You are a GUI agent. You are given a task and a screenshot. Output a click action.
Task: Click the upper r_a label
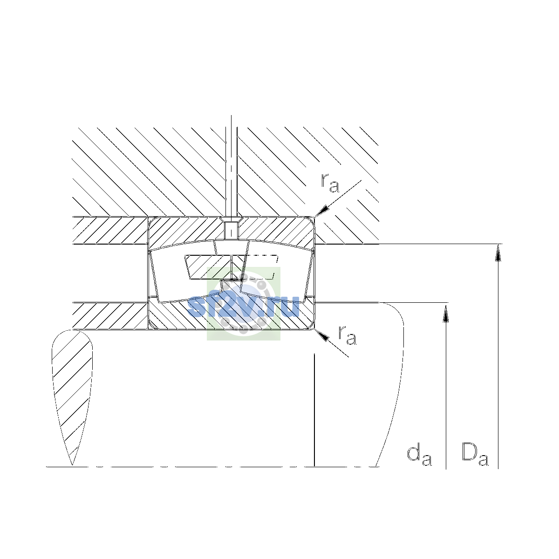point(329,184)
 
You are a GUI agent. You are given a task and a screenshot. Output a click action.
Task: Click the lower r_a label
point(347,335)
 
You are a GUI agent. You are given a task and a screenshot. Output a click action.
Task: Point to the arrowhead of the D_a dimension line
point(498,252)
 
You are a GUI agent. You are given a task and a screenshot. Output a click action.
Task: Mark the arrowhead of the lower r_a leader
point(322,335)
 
